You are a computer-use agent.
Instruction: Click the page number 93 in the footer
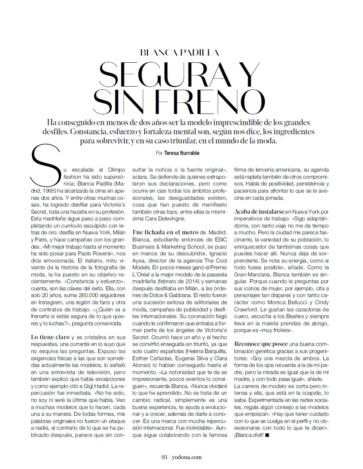163,457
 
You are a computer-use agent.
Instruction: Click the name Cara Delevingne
164,218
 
